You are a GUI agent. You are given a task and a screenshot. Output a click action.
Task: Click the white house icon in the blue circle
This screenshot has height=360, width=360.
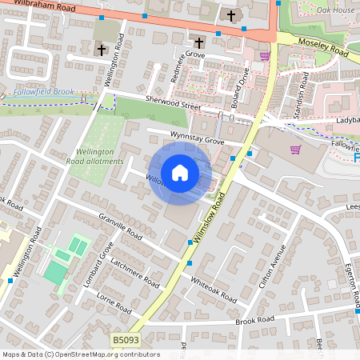coord(180,173)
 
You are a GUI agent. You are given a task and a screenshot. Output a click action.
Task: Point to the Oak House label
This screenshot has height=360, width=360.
coord(334,10)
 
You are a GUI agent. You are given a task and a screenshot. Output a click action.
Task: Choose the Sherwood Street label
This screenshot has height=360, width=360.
coord(172,102)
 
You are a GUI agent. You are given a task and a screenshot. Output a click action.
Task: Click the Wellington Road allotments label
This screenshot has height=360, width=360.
coord(99,156)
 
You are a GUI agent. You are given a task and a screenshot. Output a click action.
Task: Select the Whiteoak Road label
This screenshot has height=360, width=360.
coord(213,289)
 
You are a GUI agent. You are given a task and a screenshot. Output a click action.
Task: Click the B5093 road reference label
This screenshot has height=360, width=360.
coord(124,341)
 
